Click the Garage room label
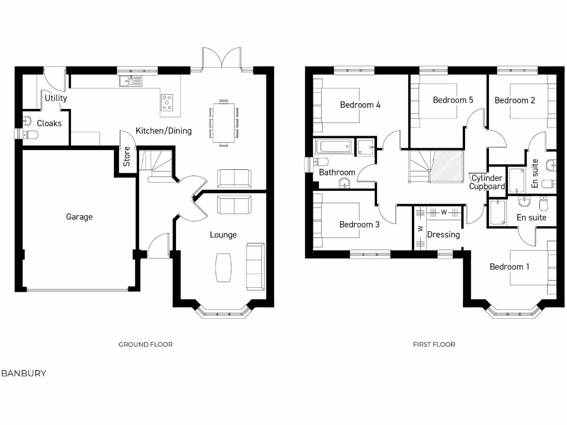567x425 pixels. tap(79, 217)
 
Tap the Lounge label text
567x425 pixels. tap(223, 235)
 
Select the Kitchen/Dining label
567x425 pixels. tap(163, 131)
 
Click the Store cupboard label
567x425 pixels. tap(127, 157)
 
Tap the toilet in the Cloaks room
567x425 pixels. tap(28, 134)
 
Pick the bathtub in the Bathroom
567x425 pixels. tap(333, 147)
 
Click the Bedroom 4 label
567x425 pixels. tap(360, 105)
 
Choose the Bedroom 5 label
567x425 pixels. tap(453, 100)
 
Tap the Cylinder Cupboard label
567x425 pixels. tap(487, 183)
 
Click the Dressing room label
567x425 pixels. tap(444, 235)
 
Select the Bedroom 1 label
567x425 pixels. tap(509, 267)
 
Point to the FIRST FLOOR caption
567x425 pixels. tap(434, 344)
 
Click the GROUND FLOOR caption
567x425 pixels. tap(146, 344)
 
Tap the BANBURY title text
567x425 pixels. tap(24, 374)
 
